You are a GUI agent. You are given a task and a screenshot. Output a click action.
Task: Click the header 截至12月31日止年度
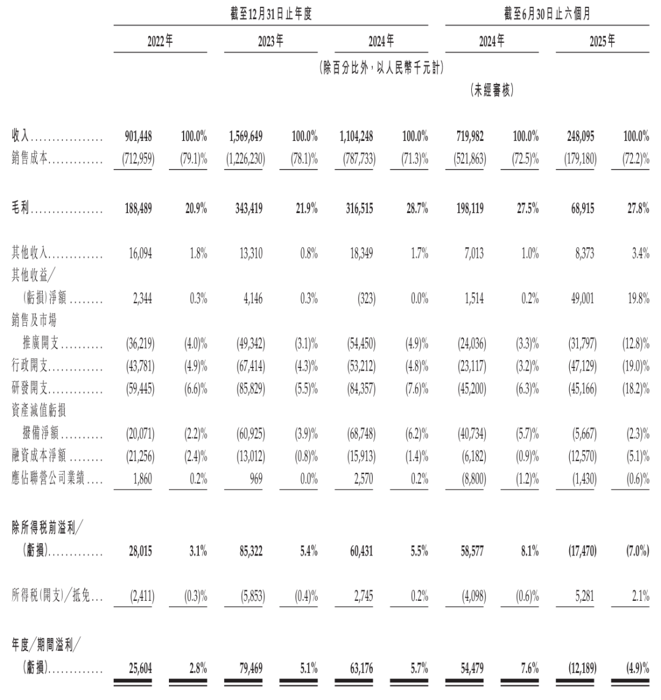pos(271,14)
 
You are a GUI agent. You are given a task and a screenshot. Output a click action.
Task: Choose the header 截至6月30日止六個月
pos(547,14)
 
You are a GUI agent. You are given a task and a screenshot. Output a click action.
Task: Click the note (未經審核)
pos(492,91)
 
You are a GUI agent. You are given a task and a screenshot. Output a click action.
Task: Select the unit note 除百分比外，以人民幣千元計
pos(381,68)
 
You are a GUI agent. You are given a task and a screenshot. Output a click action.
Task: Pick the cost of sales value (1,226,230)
pos(244,160)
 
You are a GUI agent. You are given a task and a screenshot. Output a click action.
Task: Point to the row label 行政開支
pos(31,366)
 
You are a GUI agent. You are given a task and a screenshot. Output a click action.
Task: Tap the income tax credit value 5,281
pos(584,595)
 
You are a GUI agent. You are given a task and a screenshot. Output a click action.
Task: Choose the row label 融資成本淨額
pos(39,457)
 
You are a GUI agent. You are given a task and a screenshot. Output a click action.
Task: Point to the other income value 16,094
pos(141,254)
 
